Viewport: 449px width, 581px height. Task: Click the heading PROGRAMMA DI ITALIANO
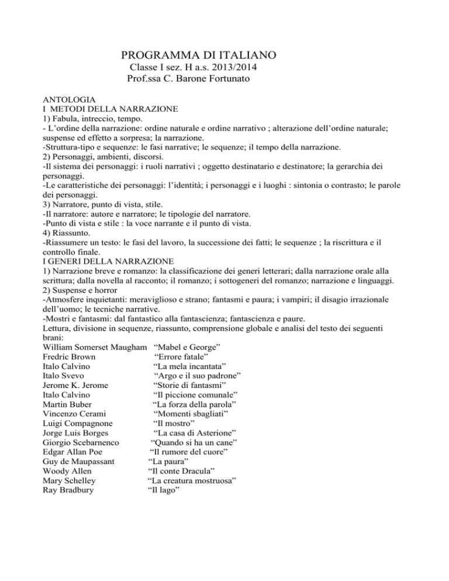coord(202,56)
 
